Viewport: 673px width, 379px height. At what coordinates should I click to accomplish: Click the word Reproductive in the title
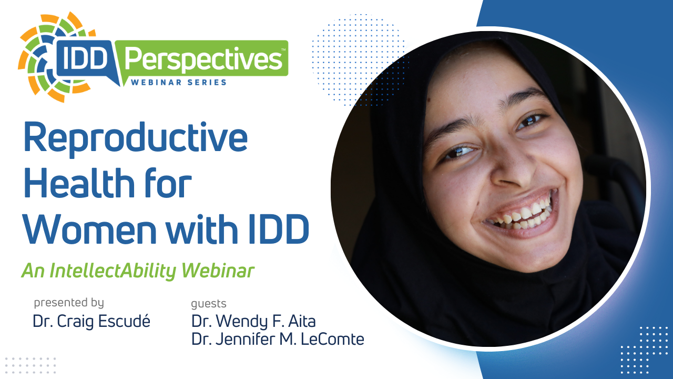tap(136, 139)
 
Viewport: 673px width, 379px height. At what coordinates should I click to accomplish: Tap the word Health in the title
tap(79, 182)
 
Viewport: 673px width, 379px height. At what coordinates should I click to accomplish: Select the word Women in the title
tap(90, 228)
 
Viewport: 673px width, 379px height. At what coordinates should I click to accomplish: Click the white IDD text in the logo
tap(85, 58)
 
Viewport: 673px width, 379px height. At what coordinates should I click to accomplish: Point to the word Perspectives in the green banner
tap(203, 59)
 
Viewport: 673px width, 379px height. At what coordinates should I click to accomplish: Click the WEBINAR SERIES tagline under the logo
tap(178, 83)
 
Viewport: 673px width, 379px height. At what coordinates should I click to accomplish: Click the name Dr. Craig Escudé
tap(91, 321)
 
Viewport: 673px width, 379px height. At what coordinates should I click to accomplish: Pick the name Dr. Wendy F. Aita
tap(253, 321)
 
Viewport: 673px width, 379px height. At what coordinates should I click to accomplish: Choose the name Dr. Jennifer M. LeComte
tap(278, 339)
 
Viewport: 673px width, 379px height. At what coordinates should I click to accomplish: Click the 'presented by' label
tap(69, 303)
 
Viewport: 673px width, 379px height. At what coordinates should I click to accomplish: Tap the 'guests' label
tap(209, 304)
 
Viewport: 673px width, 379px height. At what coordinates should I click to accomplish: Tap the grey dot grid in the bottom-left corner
tap(30, 366)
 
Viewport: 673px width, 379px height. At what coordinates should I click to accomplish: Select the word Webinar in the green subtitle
tap(218, 271)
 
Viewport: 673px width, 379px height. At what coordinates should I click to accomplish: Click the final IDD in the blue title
tap(279, 228)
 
